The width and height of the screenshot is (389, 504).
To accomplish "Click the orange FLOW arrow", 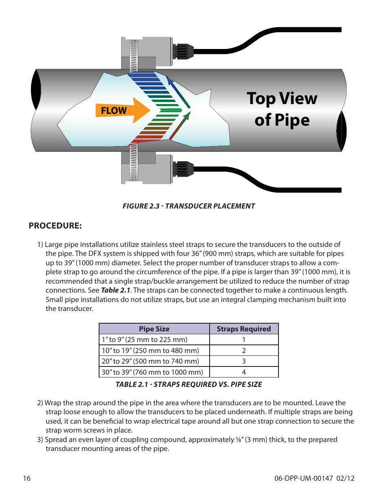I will [x=122, y=111].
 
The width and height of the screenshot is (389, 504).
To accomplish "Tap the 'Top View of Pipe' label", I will [x=282, y=109].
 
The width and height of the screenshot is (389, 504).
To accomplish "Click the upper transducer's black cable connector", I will [x=182, y=51].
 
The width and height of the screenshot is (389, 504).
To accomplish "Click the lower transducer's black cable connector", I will [x=182, y=169].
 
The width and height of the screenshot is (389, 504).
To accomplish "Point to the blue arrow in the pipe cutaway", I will [x=177, y=92].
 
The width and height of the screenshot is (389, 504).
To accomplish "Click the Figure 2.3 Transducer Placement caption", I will [x=188, y=206].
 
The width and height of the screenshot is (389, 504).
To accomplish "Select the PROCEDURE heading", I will [x=55, y=226].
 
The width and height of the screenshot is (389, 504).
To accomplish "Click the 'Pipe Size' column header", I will [x=154, y=329].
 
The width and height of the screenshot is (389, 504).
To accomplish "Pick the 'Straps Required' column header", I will [x=243, y=329].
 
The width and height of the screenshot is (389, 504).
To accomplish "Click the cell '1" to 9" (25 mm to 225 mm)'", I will [x=145, y=340].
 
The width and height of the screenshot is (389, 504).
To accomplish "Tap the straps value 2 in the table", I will [x=244, y=351].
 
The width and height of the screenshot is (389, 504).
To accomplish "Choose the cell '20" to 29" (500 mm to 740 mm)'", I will [x=150, y=361].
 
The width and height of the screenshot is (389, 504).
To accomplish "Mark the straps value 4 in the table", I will [x=244, y=372].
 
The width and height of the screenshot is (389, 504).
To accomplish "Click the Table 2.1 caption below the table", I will [x=188, y=384].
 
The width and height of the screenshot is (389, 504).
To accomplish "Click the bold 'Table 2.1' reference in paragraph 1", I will [x=115, y=290].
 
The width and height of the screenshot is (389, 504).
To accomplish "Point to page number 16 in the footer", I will [x=27, y=478].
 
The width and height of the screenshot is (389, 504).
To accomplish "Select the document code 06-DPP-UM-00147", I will [x=303, y=478].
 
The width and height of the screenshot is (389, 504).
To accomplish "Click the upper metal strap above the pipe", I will [x=134, y=55].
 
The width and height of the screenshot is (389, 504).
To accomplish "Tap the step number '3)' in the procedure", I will [x=40, y=440].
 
